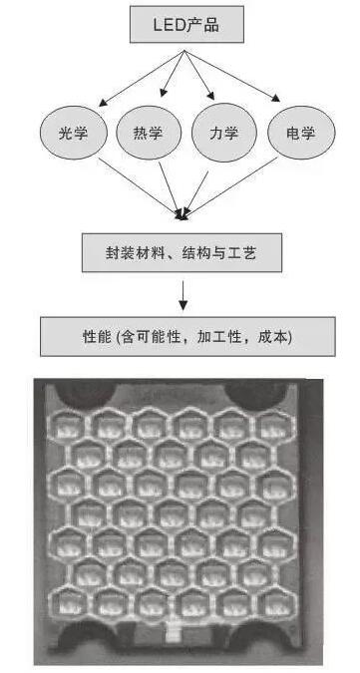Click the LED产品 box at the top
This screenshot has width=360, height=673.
click(186, 23)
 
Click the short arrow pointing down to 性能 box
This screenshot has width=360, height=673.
click(183, 295)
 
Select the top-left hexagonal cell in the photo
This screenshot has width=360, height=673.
click(73, 427)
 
